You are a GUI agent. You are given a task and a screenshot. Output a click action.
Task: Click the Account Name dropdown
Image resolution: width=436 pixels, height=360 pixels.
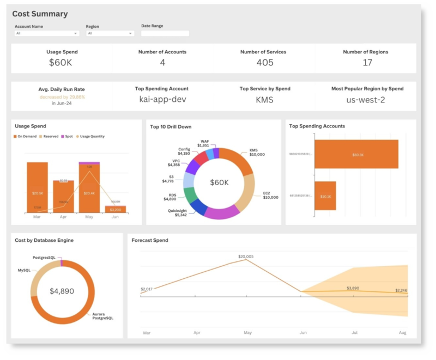point(46,33)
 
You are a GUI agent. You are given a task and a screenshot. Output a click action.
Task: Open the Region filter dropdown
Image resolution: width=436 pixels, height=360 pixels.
point(110,33)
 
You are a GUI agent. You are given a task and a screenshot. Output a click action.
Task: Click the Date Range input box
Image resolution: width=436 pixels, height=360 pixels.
point(165,33)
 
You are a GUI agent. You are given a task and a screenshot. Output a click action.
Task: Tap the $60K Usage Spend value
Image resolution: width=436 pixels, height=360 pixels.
point(60,63)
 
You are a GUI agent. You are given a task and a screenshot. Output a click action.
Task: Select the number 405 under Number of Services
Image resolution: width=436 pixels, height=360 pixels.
point(265,63)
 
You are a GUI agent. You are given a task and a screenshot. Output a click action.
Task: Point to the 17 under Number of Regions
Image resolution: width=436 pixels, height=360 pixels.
point(367,63)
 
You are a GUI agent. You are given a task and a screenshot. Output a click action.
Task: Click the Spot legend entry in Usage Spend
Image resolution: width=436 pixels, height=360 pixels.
point(69,136)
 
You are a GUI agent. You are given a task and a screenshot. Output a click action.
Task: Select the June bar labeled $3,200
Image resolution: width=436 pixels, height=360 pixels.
point(116,209)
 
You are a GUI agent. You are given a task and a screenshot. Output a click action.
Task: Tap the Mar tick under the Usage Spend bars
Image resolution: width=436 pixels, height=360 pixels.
point(37,216)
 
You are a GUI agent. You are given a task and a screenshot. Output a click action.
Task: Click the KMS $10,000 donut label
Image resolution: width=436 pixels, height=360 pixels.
point(257,154)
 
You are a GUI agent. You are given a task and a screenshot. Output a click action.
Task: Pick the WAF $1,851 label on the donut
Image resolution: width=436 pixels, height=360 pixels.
point(203,143)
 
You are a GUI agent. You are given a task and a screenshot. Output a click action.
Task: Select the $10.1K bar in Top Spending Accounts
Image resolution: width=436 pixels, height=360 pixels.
point(325,196)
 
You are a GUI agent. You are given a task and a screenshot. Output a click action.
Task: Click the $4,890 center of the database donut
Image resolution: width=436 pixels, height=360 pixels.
point(62,291)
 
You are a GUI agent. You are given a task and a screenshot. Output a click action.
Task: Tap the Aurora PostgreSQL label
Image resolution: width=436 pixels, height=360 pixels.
point(102,315)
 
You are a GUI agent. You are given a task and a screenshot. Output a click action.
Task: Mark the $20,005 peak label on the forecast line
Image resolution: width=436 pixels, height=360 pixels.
point(246,256)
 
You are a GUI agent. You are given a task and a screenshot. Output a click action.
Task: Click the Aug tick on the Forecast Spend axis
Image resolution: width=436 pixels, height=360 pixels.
point(403,332)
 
